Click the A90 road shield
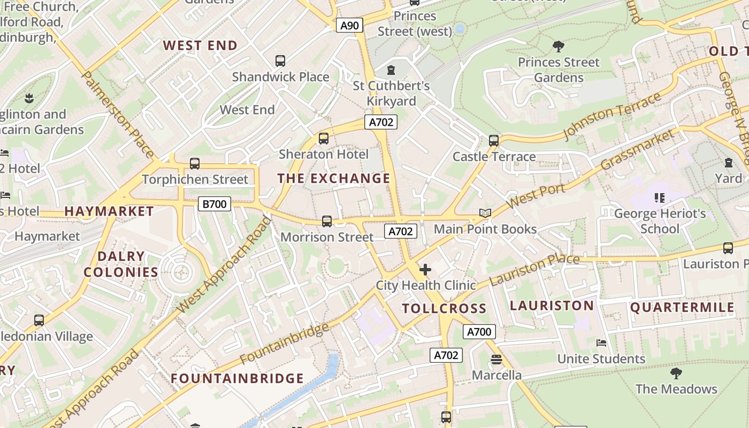pyautogui.click(x=349, y=25)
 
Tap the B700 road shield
pyautogui.click(x=215, y=203)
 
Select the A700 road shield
pyautogui.click(x=479, y=332)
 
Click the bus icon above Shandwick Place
pyautogui.click(x=280, y=61)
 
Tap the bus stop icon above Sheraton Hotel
pyautogui.click(x=323, y=139)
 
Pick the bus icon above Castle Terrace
pyautogui.click(x=493, y=141)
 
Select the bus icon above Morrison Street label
pyautogui.click(x=326, y=221)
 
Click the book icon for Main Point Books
pyautogui.click(x=485, y=213)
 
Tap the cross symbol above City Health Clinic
pyautogui.click(x=425, y=270)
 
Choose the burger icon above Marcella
pyautogui.click(x=496, y=360)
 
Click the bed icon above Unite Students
pyautogui.click(x=601, y=343)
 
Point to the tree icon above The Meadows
pyautogui.click(x=676, y=373)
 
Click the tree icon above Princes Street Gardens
pyautogui.click(x=559, y=47)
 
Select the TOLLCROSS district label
pyautogui.click(x=444, y=308)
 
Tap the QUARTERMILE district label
pyautogui.click(x=682, y=307)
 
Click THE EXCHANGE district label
pyautogui.click(x=334, y=178)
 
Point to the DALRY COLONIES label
pyautogui.click(x=121, y=264)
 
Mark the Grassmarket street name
pyautogui.click(x=637, y=149)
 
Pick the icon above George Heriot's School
pyautogui.click(x=659, y=198)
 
